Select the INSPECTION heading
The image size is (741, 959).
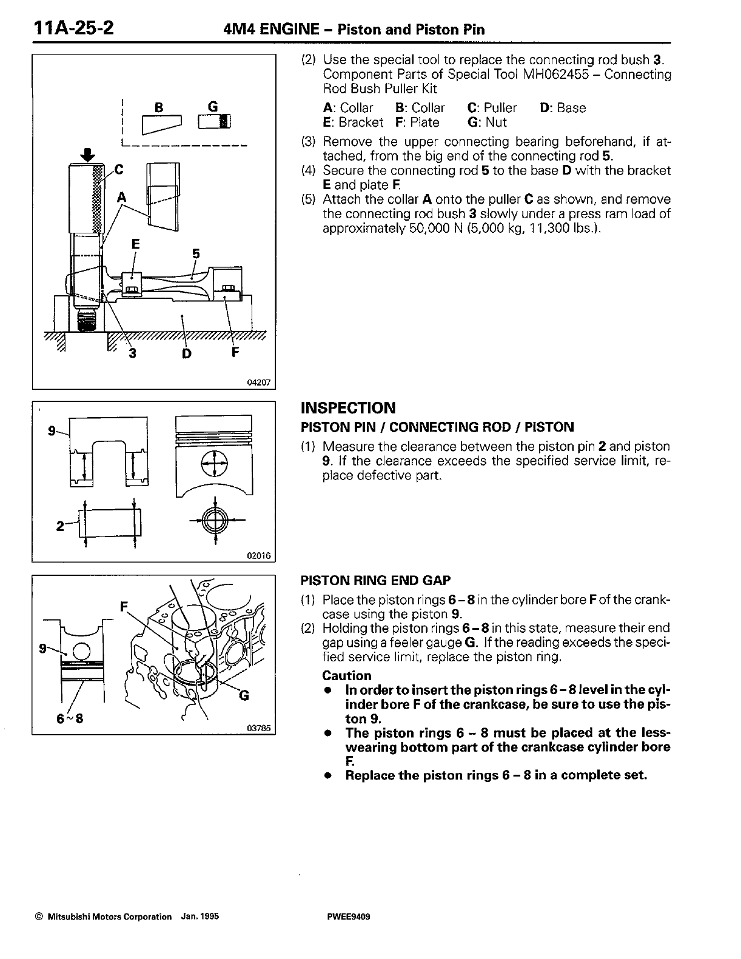pyautogui.click(x=348, y=407)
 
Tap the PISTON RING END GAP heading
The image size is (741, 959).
pyautogui.click(x=375, y=580)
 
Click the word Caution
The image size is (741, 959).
pyautogui.click(x=346, y=675)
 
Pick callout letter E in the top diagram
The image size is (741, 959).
pyautogui.click(x=136, y=244)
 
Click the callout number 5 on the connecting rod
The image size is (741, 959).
pyautogui.click(x=196, y=254)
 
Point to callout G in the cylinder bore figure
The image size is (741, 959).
pyautogui.click(x=244, y=695)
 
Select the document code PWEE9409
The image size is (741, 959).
pyautogui.click(x=348, y=917)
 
